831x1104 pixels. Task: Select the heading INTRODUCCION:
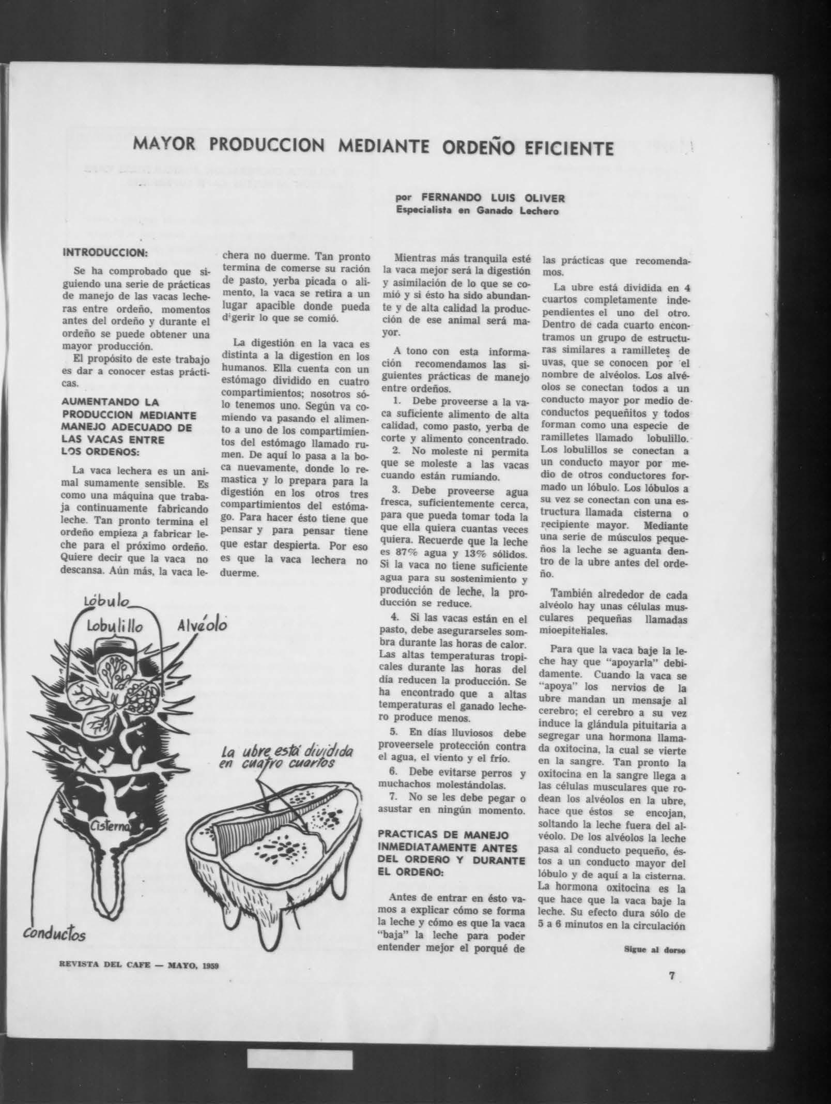click(105, 253)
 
